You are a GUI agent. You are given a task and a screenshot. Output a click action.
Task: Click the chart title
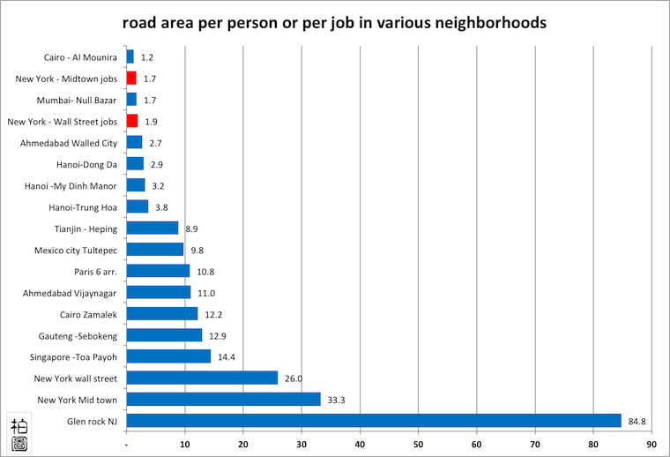tap(334, 21)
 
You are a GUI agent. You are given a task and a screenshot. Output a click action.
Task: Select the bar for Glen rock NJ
tap(374, 421)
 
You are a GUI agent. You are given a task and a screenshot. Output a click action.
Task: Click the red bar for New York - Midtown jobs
tap(131, 79)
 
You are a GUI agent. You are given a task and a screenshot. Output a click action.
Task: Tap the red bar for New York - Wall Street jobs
tap(132, 121)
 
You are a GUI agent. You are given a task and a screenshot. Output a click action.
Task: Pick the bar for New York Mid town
tap(224, 400)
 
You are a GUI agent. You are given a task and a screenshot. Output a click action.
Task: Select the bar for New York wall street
tap(203, 378)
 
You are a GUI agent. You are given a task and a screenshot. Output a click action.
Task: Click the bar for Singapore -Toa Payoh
tap(169, 356)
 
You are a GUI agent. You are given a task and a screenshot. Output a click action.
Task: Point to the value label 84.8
tap(636, 422)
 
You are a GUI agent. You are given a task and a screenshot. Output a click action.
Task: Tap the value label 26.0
tap(294, 378)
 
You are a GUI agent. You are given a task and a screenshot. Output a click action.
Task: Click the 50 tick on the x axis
tap(419, 445)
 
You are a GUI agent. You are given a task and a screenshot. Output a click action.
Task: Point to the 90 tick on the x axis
tap(651, 445)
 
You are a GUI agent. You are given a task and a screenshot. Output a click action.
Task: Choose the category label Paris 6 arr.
tap(95, 271)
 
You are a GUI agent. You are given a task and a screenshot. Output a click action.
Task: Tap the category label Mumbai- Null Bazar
tap(78, 100)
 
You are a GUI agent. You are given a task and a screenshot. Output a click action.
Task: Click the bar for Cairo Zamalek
tap(162, 314)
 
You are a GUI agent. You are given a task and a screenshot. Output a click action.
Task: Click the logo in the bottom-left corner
tap(19, 433)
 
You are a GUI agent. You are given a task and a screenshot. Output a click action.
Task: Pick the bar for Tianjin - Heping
tap(153, 228)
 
